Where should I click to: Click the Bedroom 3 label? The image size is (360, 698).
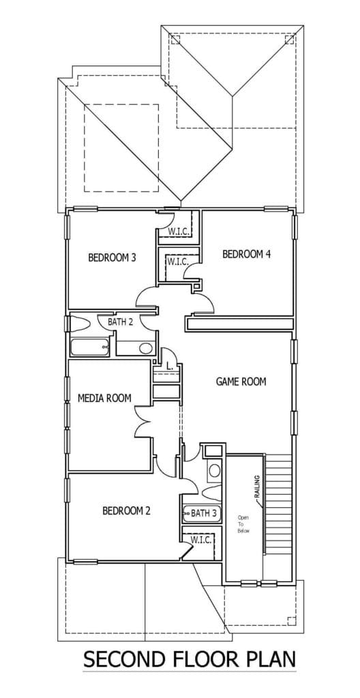click(x=112, y=258)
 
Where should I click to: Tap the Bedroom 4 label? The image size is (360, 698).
click(x=246, y=255)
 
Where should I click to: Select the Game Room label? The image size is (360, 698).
click(x=241, y=382)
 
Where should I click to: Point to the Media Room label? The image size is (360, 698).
click(x=105, y=398)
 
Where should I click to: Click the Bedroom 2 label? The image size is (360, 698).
click(x=127, y=511)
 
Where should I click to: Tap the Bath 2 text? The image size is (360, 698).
click(x=121, y=322)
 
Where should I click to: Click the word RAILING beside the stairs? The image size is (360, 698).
click(x=256, y=489)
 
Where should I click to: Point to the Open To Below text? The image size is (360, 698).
click(x=243, y=524)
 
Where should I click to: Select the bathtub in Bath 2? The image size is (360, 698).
click(x=89, y=348)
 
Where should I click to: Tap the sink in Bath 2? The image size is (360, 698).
click(x=145, y=348)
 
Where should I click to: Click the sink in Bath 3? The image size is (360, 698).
click(x=215, y=471)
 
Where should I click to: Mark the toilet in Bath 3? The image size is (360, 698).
click(x=211, y=492)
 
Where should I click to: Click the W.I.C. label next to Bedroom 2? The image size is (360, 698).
click(x=200, y=540)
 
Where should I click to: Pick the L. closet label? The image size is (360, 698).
click(x=170, y=366)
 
